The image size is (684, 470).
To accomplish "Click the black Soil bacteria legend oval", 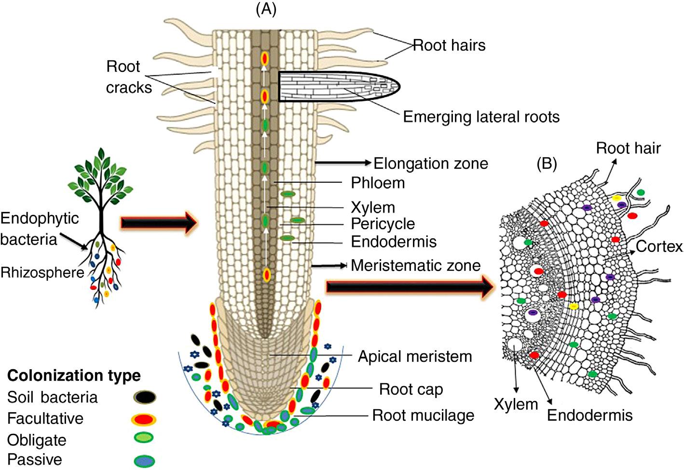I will click(144, 397).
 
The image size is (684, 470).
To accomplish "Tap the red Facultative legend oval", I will click(143, 419).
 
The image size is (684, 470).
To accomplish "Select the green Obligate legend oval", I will click(143, 438).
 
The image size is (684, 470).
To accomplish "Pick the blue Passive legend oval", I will click(144, 460).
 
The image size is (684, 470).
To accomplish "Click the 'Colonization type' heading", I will click(74, 375).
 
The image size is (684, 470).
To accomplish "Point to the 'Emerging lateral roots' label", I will click(481, 117).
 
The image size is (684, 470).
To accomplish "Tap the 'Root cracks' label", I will click(128, 77).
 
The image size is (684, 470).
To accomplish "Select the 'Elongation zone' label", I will click(431, 164).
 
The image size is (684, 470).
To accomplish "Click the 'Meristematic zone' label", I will click(416, 265).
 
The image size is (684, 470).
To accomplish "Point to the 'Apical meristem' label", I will click(415, 357).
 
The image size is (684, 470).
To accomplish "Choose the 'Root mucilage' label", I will click(423, 415).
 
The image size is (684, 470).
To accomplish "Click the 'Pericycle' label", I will click(383, 224).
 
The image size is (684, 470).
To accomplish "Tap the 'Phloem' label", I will click(378, 183).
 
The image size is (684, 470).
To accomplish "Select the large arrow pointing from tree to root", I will click(158, 223).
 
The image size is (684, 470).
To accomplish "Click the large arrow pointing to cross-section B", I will click(410, 287).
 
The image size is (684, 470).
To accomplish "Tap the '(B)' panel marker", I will click(547, 164).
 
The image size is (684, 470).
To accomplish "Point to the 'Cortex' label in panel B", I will click(659, 247).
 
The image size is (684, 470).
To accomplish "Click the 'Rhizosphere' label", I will click(42, 273).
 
